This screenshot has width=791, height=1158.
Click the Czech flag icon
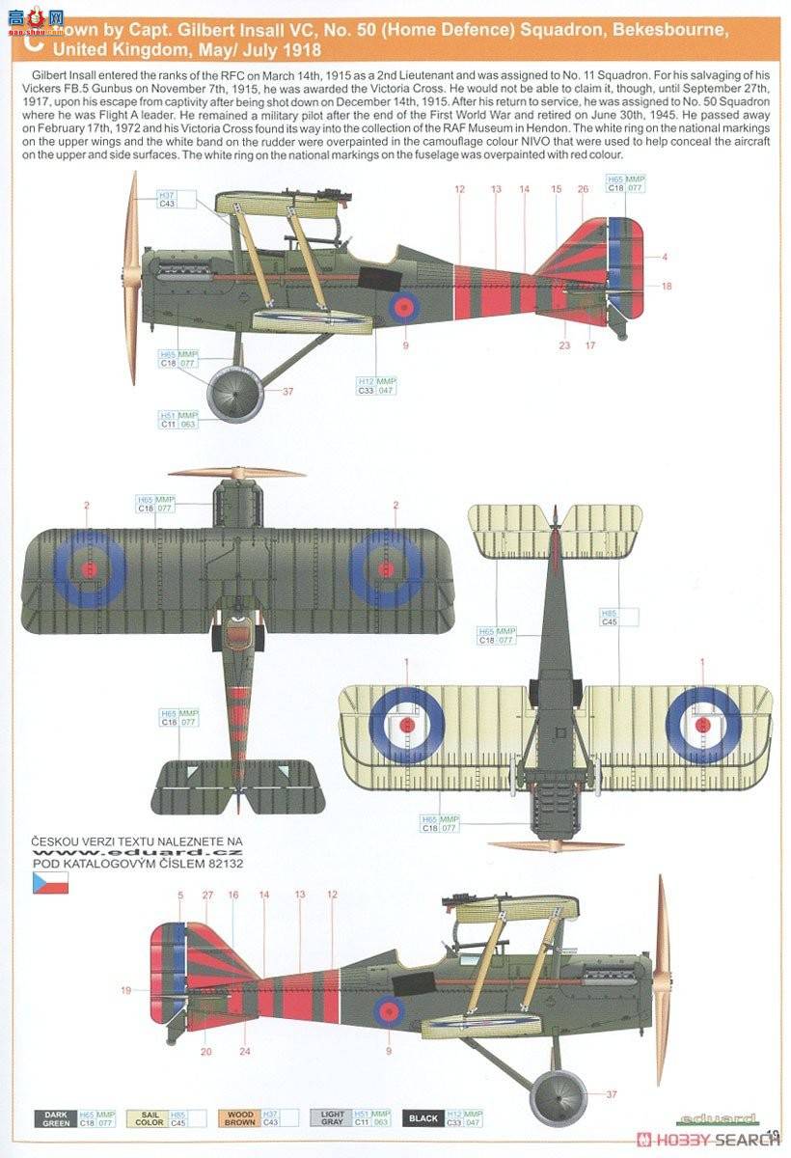tap(50, 883)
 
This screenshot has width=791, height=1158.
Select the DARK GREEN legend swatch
tap(55, 1118)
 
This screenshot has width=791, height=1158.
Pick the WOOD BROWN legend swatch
tap(240, 1118)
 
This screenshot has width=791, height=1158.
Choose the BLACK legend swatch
tap(423, 1118)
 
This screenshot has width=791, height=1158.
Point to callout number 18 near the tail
tap(667, 286)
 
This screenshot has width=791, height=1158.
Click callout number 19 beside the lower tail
tap(126, 990)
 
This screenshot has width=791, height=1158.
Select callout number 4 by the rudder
tap(665, 257)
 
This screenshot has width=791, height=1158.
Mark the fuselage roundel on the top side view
tap(405, 307)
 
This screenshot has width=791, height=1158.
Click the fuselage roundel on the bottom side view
tap(389, 1010)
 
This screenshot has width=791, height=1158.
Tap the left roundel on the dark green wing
tap(89, 569)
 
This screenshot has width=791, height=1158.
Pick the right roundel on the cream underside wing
tap(702, 722)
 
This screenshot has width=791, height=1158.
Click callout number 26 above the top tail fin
tap(583, 189)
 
